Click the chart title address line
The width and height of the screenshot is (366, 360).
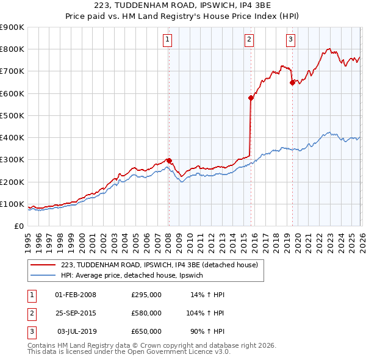[184, 6]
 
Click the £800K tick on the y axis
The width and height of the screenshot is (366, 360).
[12, 49]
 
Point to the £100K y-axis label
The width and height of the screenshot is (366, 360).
[12, 204]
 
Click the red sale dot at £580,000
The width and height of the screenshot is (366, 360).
[251, 98]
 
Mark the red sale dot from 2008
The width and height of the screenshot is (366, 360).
[169, 160]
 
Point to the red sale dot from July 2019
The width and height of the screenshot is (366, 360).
[292, 82]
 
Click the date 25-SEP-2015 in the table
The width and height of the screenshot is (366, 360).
[76, 313]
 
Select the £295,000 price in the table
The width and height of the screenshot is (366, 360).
[146, 295]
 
